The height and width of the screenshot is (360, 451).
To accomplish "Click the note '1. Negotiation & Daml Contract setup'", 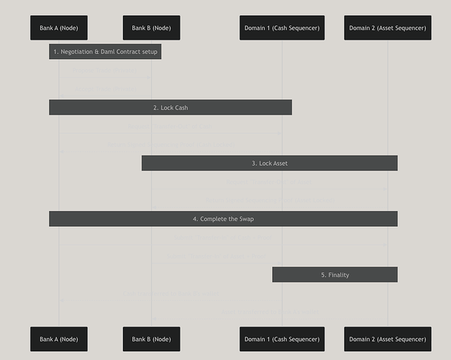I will [105, 52].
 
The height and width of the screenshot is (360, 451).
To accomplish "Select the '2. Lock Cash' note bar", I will [170, 107].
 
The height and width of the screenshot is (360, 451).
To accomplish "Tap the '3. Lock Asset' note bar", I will [269, 163].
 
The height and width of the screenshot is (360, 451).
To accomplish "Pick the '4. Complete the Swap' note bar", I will [223, 219].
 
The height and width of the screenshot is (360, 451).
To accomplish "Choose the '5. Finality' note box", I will [334, 275].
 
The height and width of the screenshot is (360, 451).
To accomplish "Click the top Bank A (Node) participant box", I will [59, 28].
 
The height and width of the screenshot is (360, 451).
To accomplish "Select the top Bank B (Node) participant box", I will [151, 28].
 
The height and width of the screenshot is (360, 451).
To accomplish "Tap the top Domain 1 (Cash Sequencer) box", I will [282, 28].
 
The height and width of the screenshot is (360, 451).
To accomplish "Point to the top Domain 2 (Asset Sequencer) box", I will [388, 28].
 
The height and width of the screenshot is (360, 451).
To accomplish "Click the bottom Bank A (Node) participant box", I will [59, 339].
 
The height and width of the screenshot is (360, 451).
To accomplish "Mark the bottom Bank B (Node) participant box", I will [151, 339].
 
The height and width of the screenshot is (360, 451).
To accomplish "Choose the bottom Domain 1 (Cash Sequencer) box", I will [282, 339].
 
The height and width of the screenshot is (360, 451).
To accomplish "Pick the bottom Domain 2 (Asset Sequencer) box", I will [388, 339].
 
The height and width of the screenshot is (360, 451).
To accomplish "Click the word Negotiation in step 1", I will [76, 52].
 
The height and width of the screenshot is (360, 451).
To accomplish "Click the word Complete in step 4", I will [214, 219].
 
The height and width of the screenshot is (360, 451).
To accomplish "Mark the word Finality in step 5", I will [339, 275].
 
